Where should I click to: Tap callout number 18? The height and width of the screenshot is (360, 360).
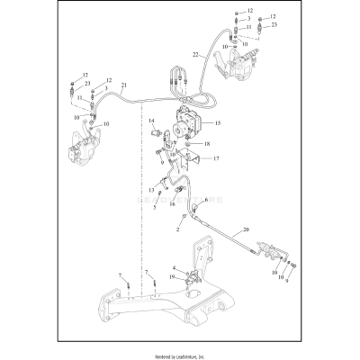click(x=206, y=143)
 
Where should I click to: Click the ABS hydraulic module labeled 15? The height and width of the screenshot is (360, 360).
click(x=188, y=120)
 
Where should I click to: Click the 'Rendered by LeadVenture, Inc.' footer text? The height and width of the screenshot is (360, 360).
click(x=180, y=349)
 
